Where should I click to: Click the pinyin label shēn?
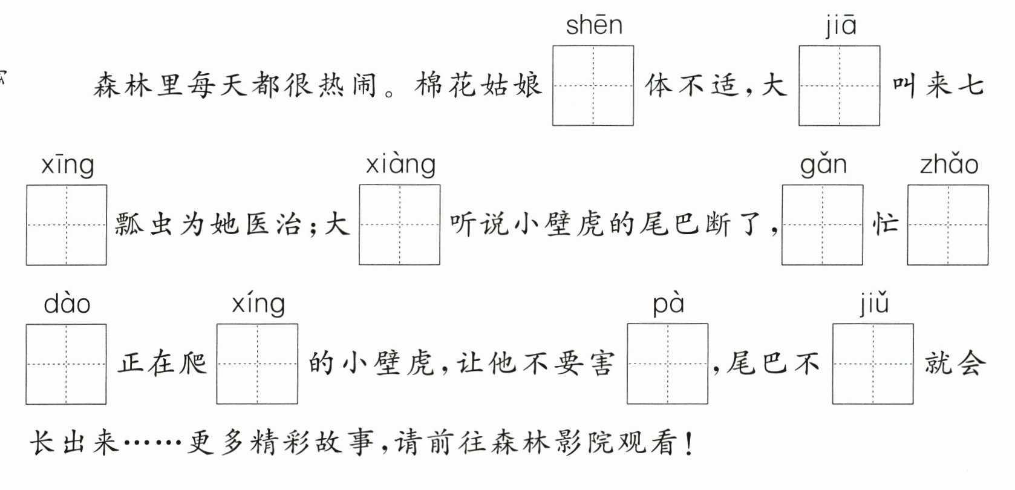click(594, 26)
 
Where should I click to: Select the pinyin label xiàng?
click(400, 165)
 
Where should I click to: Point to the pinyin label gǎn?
click(823, 165)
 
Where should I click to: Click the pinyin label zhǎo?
click(948, 165)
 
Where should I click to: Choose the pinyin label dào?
click(67, 304)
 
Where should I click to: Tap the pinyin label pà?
click(668, 304)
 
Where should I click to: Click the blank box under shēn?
click(593, 85)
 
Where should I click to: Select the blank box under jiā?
click(839, 85)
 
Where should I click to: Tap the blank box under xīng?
click(67, 225)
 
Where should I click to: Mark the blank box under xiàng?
click(399, 225)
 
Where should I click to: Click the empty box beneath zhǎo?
click(948, 225)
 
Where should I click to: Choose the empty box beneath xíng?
click(257, 364)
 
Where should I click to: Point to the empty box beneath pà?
click(667, 364)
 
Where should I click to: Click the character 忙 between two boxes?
click(885, 224)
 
